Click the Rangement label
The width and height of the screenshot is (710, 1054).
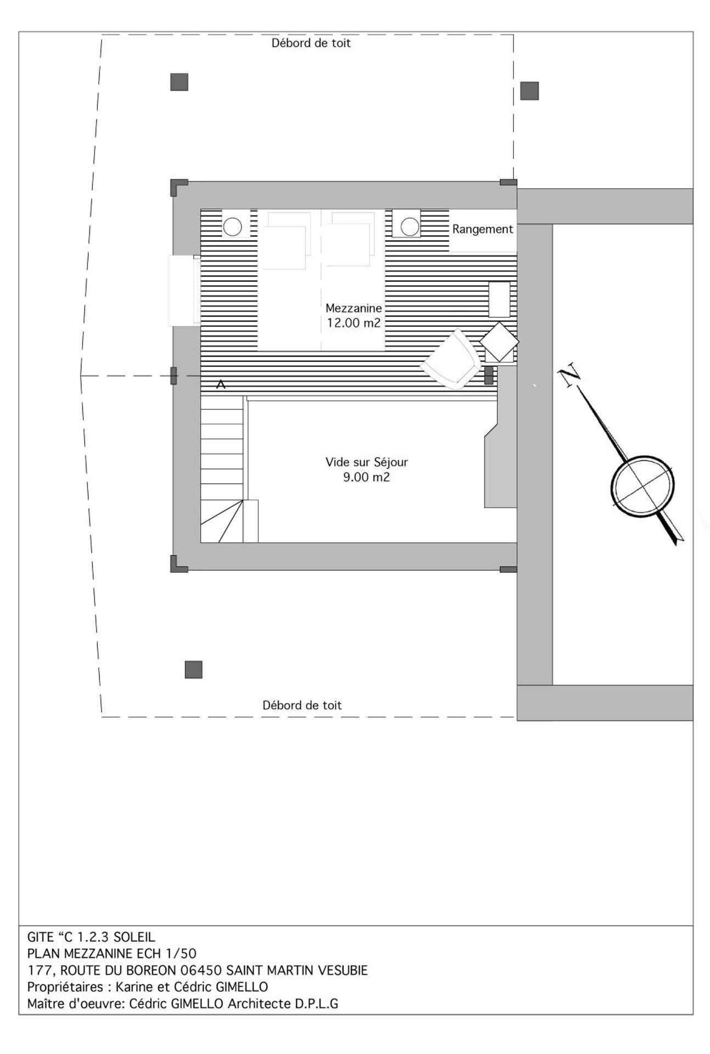tap(482, 229)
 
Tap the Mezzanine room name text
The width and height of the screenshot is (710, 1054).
tap(353, 308)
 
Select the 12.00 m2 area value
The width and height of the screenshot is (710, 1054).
tap(353, 323)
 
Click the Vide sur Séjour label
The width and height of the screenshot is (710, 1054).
tap(366, 462)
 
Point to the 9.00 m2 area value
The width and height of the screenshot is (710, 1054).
tap(366, 477)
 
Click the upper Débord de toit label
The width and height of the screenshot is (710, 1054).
tap(311, 43)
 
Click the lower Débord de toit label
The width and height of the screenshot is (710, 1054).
tap(301, 705)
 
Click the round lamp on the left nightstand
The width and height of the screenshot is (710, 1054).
tap(232, 227)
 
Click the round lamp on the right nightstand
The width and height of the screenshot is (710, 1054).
tap(410, 227)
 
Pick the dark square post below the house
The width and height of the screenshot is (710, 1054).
tap(193, 670)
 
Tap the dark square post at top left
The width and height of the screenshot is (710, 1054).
tap(180, 82)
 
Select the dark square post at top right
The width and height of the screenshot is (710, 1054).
tap(529, 91)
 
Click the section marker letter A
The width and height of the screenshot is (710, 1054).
tap(221, 384)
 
